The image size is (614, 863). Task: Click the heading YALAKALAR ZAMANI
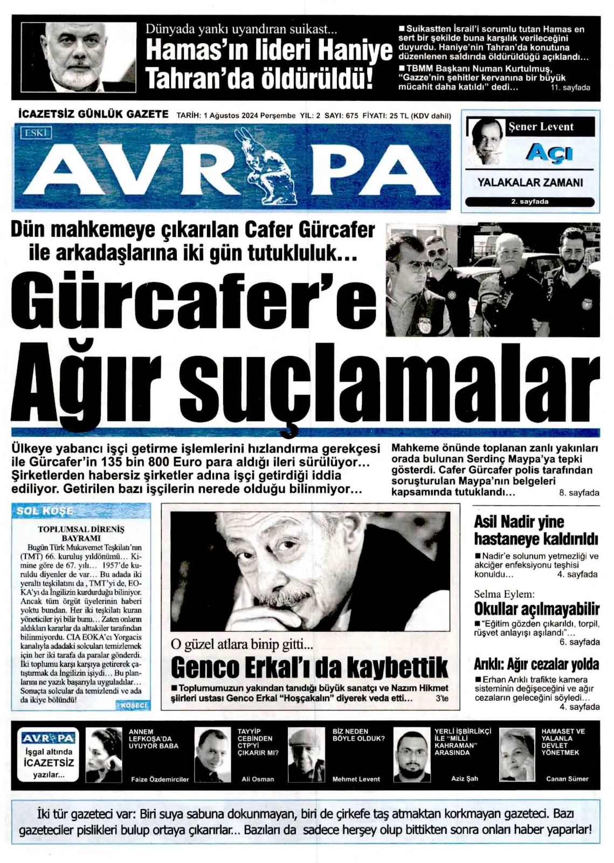pos(530,183)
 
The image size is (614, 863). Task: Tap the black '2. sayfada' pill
pos(529,202)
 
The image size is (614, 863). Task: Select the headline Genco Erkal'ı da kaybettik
pos(309,667)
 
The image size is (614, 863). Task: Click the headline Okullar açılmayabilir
pos(536,609)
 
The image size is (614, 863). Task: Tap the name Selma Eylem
pos(503,594)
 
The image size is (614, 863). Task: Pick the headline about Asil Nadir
pos(536,530)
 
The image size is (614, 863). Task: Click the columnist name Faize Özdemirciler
pos(160,779)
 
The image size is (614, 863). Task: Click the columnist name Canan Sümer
pos(567,779)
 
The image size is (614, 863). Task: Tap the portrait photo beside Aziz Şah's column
pos(412,754)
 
